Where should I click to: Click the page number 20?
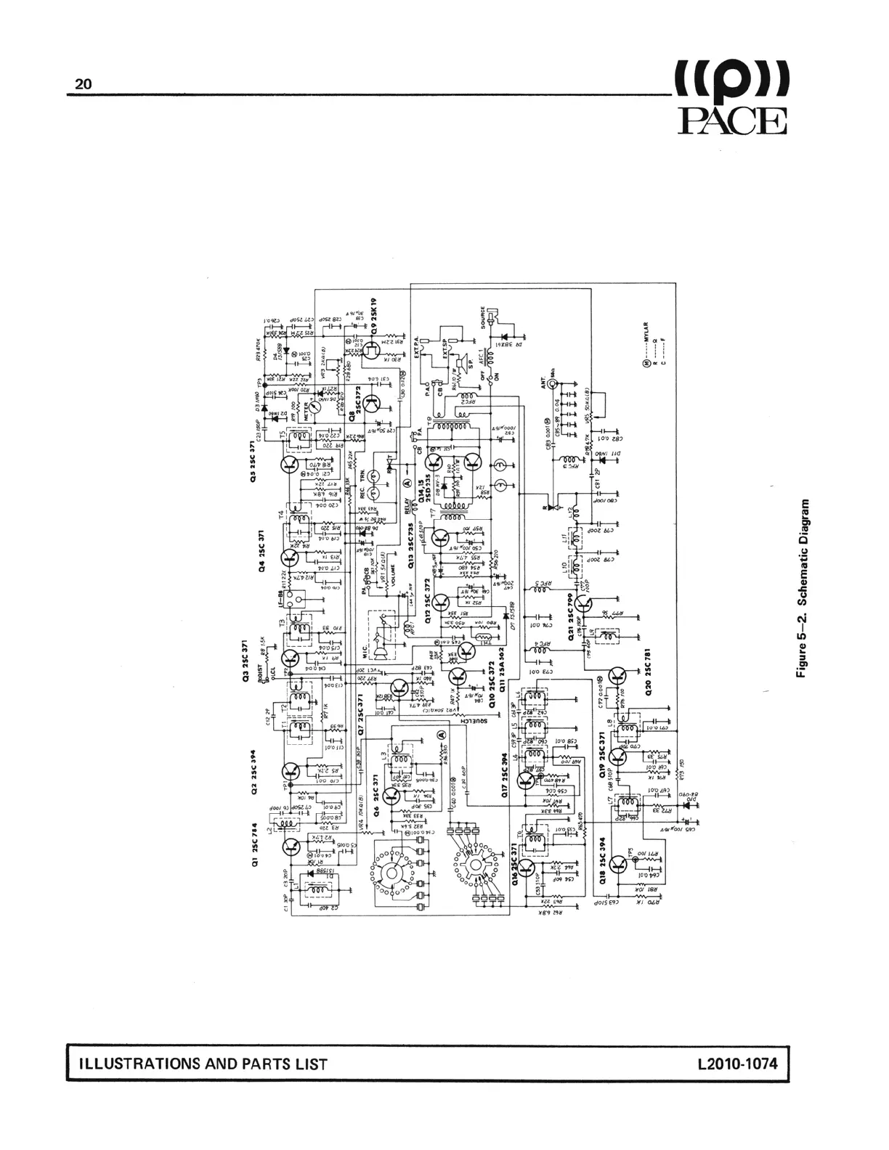(x=84, y=84)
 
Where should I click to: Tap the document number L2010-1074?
(x=736, y=1064)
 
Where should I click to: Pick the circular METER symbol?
(x=320, y=398)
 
